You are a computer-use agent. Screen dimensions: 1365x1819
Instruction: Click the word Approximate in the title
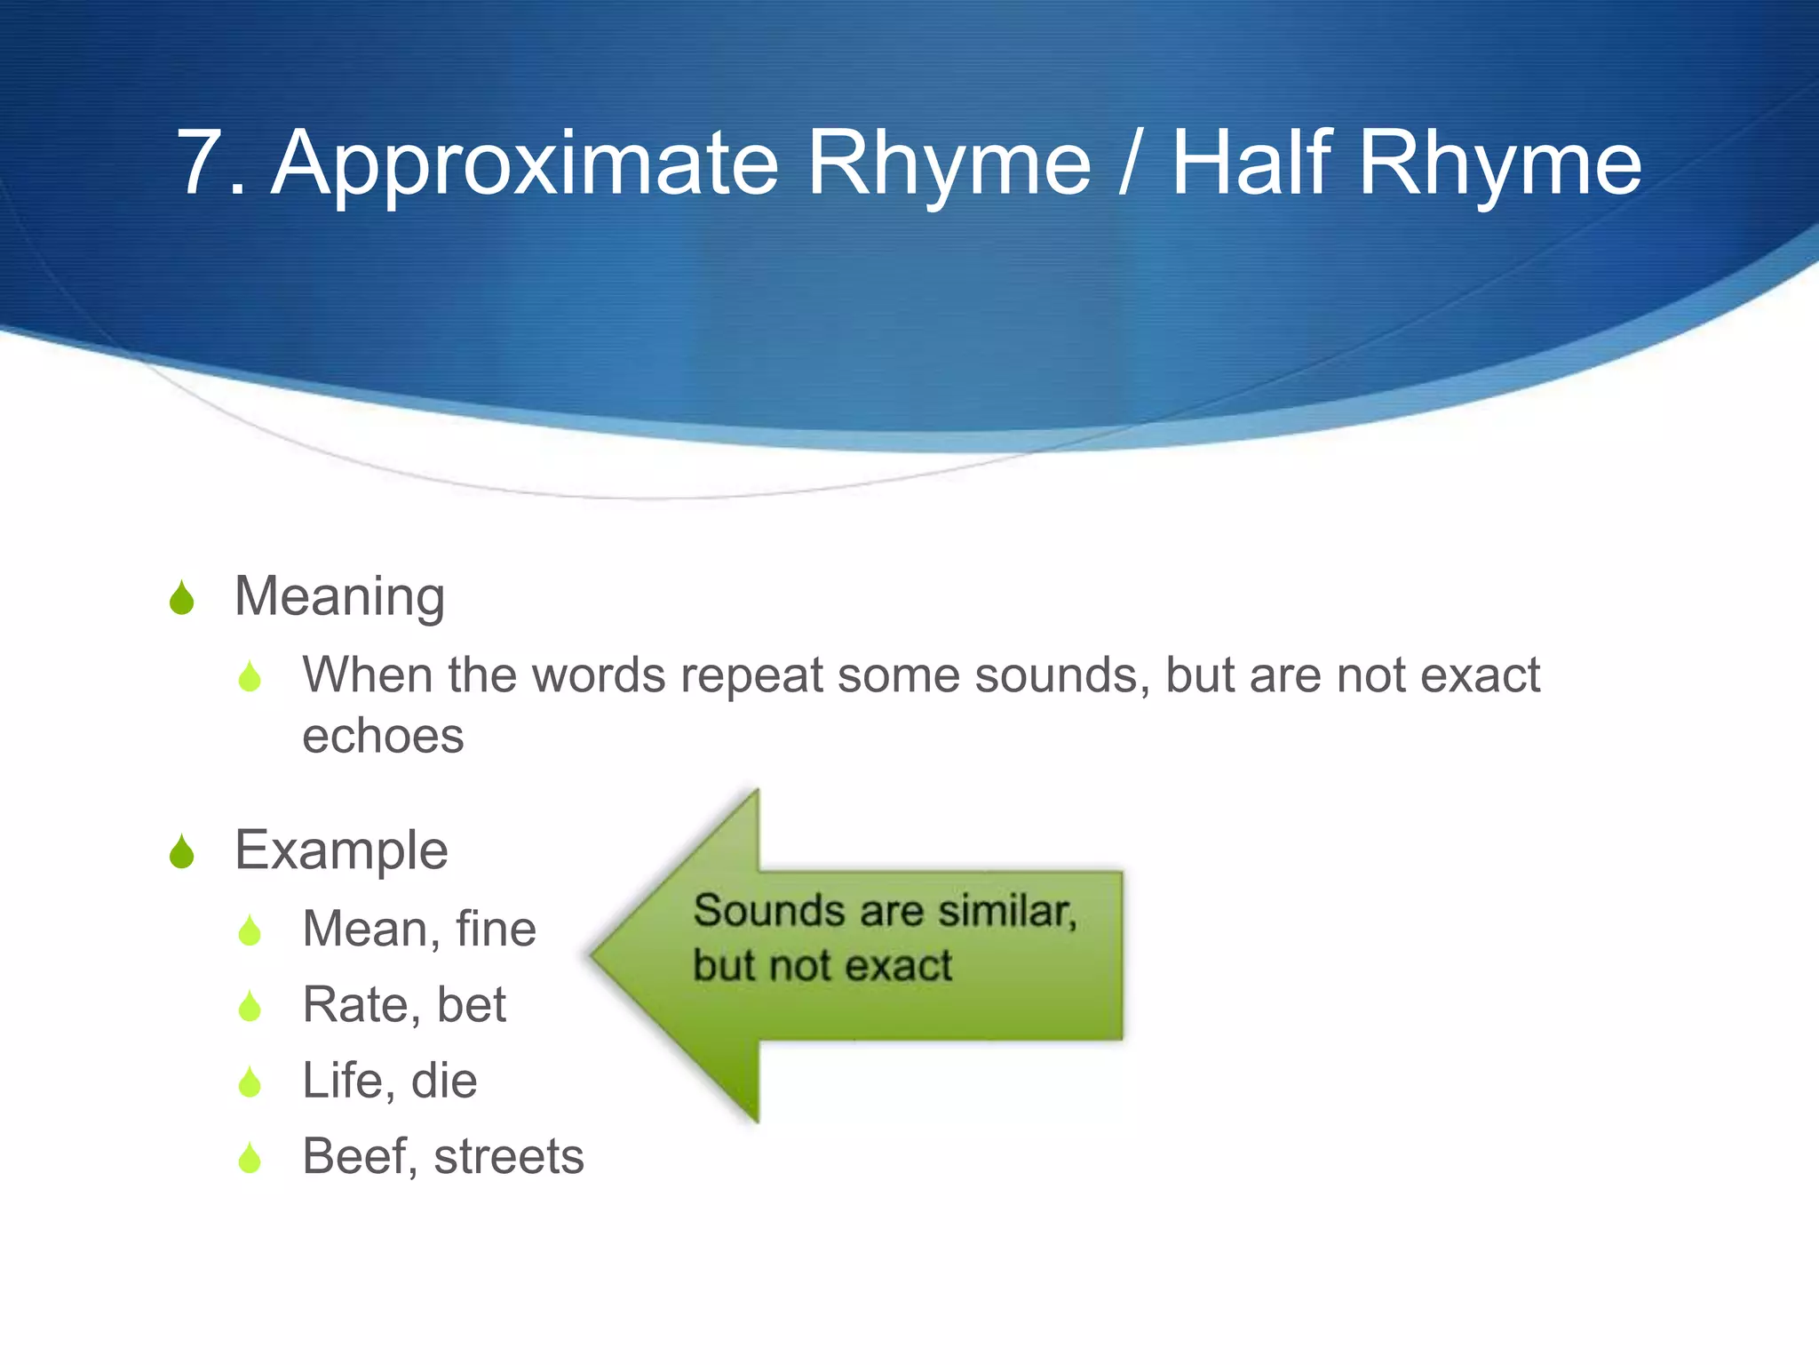click(525, 164)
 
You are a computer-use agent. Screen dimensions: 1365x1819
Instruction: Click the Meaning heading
click(339, 596)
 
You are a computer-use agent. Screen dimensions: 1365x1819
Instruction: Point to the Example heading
click(341, 850)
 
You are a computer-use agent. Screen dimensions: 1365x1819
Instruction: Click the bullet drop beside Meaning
click(182, 598)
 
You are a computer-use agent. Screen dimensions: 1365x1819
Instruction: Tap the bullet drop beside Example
click(182, 852)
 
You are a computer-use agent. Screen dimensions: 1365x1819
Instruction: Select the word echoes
click(383, 737)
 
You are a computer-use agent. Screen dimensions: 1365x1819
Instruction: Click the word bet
click(471, 1005)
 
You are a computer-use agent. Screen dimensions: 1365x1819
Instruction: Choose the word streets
click(509, 1157)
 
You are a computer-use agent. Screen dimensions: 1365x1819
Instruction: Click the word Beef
click(355, 1157)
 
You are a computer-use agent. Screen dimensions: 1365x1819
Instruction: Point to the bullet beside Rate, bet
click(250, 1007)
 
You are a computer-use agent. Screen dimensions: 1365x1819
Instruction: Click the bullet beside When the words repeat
click(250, 677)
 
